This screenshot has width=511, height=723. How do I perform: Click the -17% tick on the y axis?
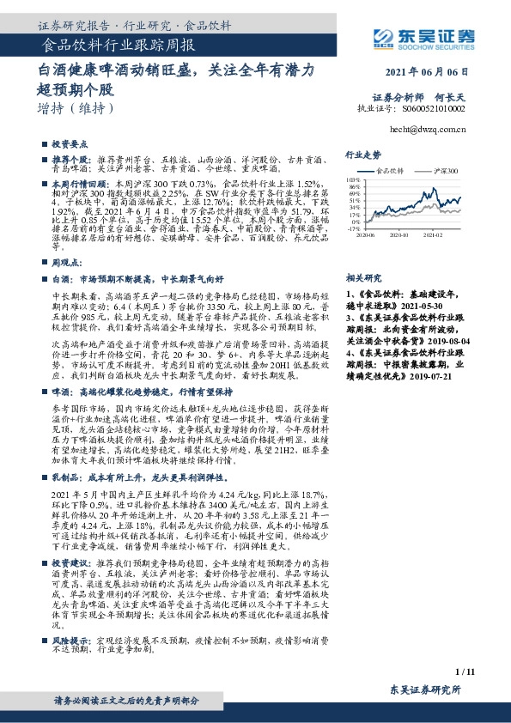coord(352,229)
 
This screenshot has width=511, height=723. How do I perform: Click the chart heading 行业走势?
coord(362,155)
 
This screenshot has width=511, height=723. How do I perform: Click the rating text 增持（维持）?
coord(76,109)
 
